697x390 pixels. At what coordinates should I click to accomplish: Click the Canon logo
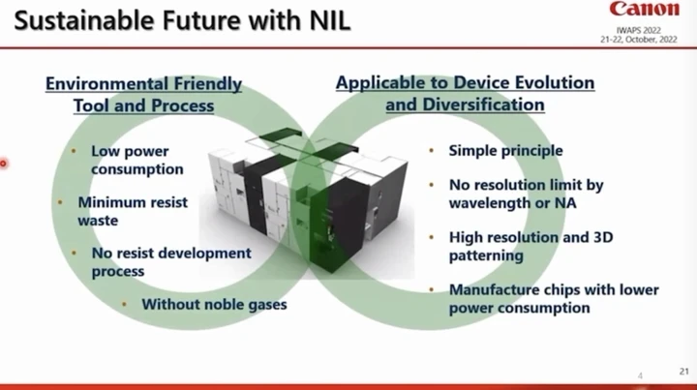coord(644,9)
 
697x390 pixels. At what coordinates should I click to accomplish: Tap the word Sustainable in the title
coord(84,20)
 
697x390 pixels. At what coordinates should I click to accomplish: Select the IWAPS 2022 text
coord(638,30)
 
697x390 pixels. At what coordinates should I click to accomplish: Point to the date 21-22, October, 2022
coord(639,39)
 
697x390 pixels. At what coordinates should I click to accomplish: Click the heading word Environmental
coord(106,83)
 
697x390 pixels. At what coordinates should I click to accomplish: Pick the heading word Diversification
coord(483,105)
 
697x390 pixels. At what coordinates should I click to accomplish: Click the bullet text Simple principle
coord(505,151)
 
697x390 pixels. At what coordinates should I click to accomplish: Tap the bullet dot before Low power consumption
coord(74,151)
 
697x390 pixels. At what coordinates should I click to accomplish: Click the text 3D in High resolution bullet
coord(603,237)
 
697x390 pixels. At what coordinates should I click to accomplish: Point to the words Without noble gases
coord(214,305)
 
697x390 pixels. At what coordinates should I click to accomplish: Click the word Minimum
coord(111,202)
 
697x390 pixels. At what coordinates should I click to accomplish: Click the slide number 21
coord(683,371)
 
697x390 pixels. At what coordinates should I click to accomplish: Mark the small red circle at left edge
coord(3,164)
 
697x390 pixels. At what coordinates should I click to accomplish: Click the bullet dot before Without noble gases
coord(124,305)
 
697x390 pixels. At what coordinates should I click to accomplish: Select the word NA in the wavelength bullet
coord(565,203)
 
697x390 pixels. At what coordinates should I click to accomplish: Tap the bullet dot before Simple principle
coord(431,151)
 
